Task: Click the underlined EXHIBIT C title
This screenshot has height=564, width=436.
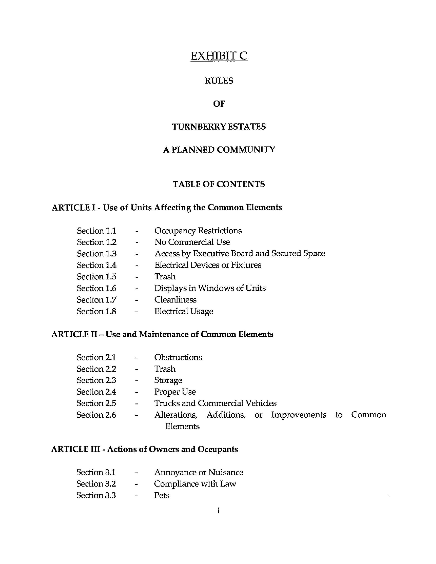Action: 219,56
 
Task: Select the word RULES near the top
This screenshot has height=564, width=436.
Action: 219,81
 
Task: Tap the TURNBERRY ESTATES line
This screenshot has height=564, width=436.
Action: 219,127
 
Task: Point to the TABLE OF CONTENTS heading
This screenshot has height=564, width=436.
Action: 219,184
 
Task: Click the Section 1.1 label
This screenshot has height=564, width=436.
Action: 97,231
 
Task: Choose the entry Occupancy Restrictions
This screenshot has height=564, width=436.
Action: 198,231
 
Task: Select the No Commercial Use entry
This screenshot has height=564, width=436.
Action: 192,242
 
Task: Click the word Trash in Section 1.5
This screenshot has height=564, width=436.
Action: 165,277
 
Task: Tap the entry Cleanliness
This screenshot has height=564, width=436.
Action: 175,300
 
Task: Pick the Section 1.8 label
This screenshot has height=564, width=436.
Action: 97,311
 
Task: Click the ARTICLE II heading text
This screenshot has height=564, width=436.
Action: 162,334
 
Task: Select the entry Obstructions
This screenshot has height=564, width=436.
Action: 178,357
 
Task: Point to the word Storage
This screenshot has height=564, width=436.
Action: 168,380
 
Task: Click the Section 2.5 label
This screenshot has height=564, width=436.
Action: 97,403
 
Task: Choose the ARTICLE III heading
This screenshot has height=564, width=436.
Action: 144,449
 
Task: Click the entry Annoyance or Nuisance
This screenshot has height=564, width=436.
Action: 199,472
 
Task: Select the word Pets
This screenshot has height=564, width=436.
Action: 162,495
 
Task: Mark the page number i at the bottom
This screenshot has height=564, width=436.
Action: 218,510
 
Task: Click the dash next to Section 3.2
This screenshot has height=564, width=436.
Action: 136,484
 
